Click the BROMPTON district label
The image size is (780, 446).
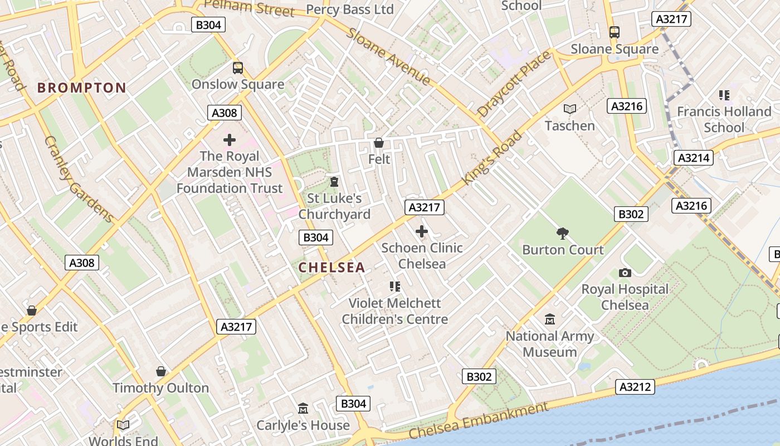coord(82,88)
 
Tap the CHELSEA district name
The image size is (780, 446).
coord(331,268)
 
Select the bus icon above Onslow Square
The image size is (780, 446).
coord(238,68)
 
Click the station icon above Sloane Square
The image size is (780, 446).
coord(615,32)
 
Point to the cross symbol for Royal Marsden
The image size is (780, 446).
coord(230,140)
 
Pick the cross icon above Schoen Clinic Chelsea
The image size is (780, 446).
coord(422,231)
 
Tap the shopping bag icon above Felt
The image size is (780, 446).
coord(379,143)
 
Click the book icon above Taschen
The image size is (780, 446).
coord(569,109)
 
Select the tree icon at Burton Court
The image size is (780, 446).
coord(563,233)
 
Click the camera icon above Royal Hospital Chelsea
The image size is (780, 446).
coord(625,273)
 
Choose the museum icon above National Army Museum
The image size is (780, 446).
coord(550,319)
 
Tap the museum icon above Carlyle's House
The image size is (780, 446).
coord(303,409)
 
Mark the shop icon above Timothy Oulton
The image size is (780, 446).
coord(161,371)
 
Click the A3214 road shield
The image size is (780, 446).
coord(693,158)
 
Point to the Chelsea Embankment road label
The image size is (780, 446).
coord(478,421)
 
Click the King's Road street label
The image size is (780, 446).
coord(493,158)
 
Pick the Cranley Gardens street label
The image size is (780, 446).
coord(79,178)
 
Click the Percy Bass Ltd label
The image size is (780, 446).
coord(350,9)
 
